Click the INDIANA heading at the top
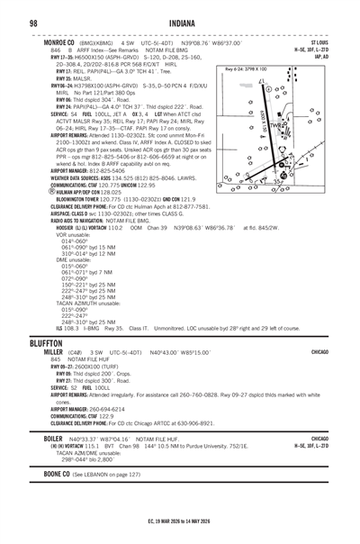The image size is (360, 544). [180, 23]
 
